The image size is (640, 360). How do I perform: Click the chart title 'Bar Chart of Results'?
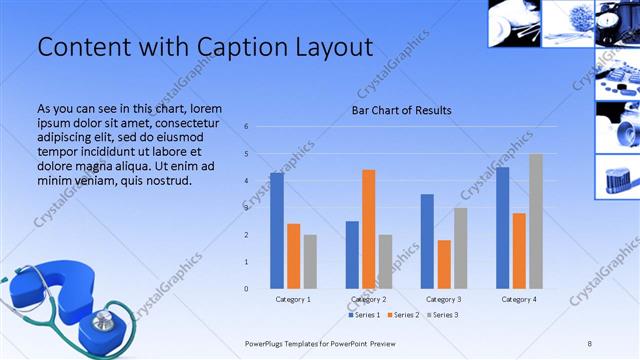(x=401, y=110)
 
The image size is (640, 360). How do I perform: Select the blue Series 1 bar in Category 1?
(x=277, y=230)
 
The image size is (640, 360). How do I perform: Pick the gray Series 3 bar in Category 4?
(x=536, y=221)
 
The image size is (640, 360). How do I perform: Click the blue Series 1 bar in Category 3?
(x=427, y=241)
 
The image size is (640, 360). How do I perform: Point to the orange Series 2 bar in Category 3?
(x=444, y=264)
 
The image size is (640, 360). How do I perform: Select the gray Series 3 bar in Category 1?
(x=310, y=261)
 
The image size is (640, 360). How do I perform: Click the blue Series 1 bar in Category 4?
(x=502, y=228)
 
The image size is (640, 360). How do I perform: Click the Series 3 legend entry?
(x=444, y=315)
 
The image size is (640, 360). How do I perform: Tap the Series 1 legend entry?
(x=365, y=315)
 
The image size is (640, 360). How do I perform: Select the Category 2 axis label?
(x=369, y=299)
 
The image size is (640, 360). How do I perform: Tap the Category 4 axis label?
(x=519, y=299)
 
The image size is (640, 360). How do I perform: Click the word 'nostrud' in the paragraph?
(x=158, y=181)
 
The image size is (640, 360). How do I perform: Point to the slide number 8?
(x=589, y=343)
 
